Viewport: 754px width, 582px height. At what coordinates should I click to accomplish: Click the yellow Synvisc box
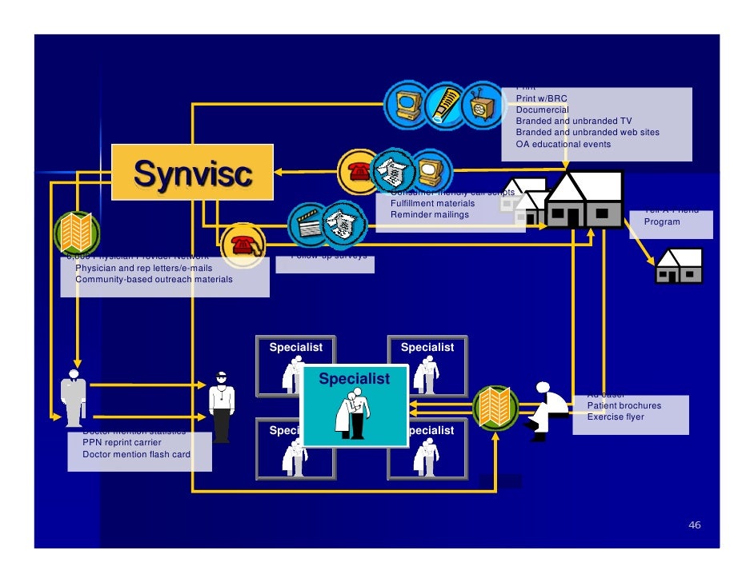pos(192,172)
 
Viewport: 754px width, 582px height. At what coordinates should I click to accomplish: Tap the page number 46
pos(694,525)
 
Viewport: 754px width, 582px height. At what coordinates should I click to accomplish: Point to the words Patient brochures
pos(624,405)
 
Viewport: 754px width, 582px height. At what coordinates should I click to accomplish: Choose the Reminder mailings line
pos(429,215)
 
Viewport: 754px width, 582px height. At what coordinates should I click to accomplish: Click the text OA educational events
pos(563,145)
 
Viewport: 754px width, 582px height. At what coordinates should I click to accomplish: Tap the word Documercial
pos(542,110)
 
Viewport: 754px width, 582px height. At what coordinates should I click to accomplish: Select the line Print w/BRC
pos(541,98)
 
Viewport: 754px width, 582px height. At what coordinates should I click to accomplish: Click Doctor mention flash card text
pos(136,455)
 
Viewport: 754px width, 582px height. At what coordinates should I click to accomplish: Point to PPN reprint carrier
pos(122,442)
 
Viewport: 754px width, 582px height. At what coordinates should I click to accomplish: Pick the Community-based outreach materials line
pos(154,280)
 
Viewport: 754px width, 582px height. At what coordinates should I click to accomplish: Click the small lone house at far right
pos(679,265)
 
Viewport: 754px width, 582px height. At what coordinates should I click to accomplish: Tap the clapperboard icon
pos(308,222)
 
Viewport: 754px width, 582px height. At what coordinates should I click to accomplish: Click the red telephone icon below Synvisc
pos(242,245)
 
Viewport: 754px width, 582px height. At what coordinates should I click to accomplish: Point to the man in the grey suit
pos(74,397)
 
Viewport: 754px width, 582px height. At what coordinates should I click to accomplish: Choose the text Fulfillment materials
pos(432,204)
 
